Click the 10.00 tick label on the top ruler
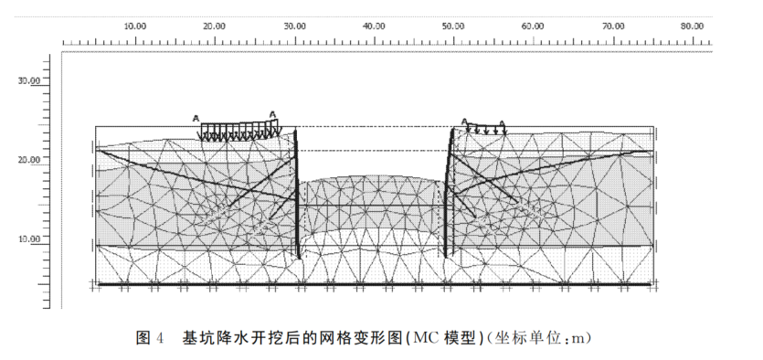[135, 26]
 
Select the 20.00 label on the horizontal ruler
[215, 26]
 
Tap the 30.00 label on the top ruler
[294, 26]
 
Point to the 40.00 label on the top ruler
[374, 26]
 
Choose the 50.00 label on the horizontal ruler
[453, 26]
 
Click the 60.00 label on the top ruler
[533, 26]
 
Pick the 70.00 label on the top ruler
[612, 26]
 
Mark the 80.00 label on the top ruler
[692, 26]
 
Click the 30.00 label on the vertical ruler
[30, 80]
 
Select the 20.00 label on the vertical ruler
[30, 160]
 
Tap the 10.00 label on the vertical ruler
[30, 239]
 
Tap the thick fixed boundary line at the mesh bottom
[375, 285]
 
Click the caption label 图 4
[149, 338]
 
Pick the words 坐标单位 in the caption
[532, 338]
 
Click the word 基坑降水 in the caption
[212, 338]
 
